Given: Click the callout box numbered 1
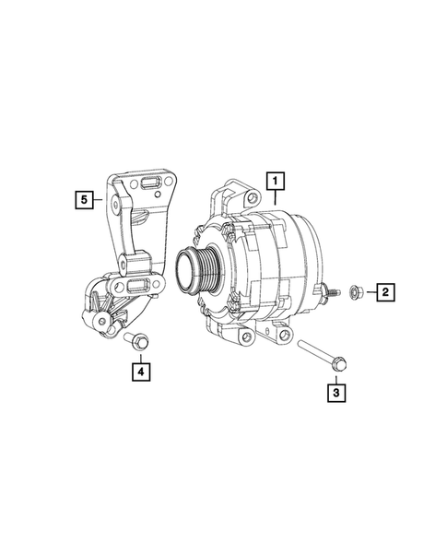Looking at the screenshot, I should [276, 181].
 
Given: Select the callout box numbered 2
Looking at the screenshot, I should [384, 292].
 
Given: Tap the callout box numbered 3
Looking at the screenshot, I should [337, 394].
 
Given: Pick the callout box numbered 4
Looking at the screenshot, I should [141, 372].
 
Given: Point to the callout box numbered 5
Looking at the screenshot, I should [86, 197].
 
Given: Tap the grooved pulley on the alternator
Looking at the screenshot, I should [198, 270].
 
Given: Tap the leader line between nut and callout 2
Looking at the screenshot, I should [368, 292].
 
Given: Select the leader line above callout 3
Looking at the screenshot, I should [337, 376].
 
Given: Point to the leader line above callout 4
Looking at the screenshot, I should [141, 356].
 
